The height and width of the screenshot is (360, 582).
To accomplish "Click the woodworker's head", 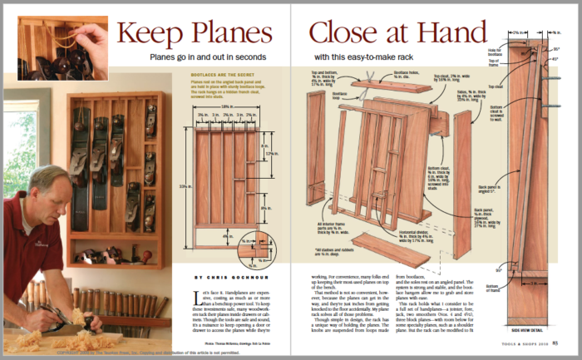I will [x=32, y=185].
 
